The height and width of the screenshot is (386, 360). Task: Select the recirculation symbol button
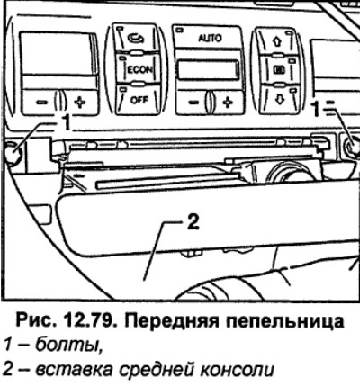click(x=137, y=38)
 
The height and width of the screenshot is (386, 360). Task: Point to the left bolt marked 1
click(x=13, y=153)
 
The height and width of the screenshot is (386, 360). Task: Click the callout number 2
click(x=193, y=222)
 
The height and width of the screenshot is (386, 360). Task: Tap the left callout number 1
click(x=67, y=122)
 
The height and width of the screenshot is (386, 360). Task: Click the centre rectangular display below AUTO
click(x=209, y=70)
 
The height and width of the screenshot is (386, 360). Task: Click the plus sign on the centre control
click(x=228, y=102)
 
